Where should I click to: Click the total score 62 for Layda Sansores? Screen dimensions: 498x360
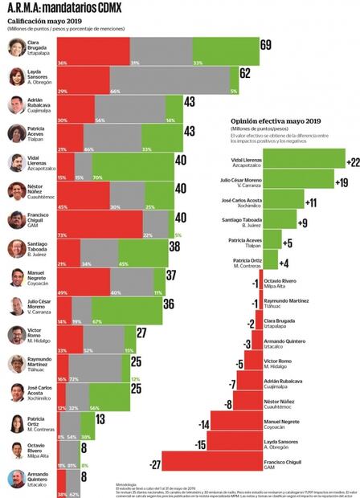click(246, 74)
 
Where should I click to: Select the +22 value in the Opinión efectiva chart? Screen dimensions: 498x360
click(352, 163)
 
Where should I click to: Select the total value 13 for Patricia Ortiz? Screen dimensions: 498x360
click(100, 418)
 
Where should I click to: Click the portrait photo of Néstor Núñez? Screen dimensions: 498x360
click(16, 191)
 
